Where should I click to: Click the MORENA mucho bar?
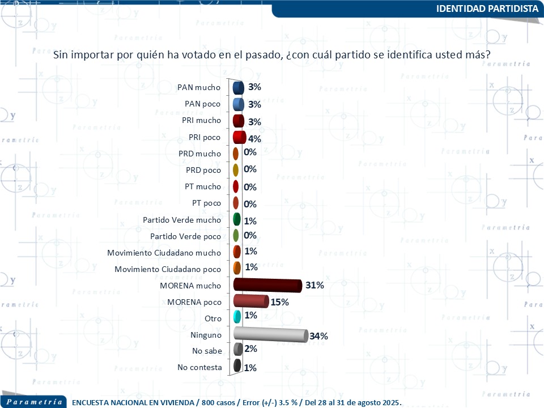(267, 285)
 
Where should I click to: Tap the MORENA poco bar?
(250, 301)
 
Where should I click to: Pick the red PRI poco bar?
(239, 138)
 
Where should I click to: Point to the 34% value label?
(319, 336)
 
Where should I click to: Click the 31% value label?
(314, 286)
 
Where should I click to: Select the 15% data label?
(280, 302)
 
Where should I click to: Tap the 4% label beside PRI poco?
(254, 139)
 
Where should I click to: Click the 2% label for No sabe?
(250, 349)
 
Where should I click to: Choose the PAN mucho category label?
(199, 87)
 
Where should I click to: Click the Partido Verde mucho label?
(182, 220)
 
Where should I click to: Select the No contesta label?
(199, 367)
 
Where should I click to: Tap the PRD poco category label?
(203, 170)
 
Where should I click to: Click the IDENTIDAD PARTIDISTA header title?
(488, 8)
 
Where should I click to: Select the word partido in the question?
(347, 55)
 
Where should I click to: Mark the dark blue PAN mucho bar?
(239, 87)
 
